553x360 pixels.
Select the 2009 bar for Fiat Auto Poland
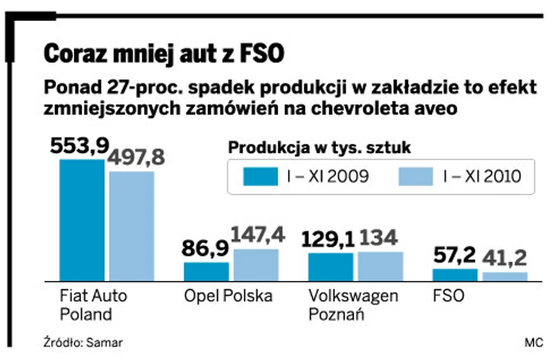[x=82, y=220]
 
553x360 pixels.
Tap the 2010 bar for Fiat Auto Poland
[x=132, y=226]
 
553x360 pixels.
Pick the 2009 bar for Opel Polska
[x=206, y=271]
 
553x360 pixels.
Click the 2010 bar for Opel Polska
[x=256, y=265]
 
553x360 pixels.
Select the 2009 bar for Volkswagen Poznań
[x=330, y=267]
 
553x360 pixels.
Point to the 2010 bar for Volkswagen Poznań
[x=381, y=266]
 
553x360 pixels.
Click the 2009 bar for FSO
[x=455, y=275]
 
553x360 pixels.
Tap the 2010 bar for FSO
[x=505, y=276]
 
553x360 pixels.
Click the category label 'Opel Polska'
[x=228, y=296]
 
